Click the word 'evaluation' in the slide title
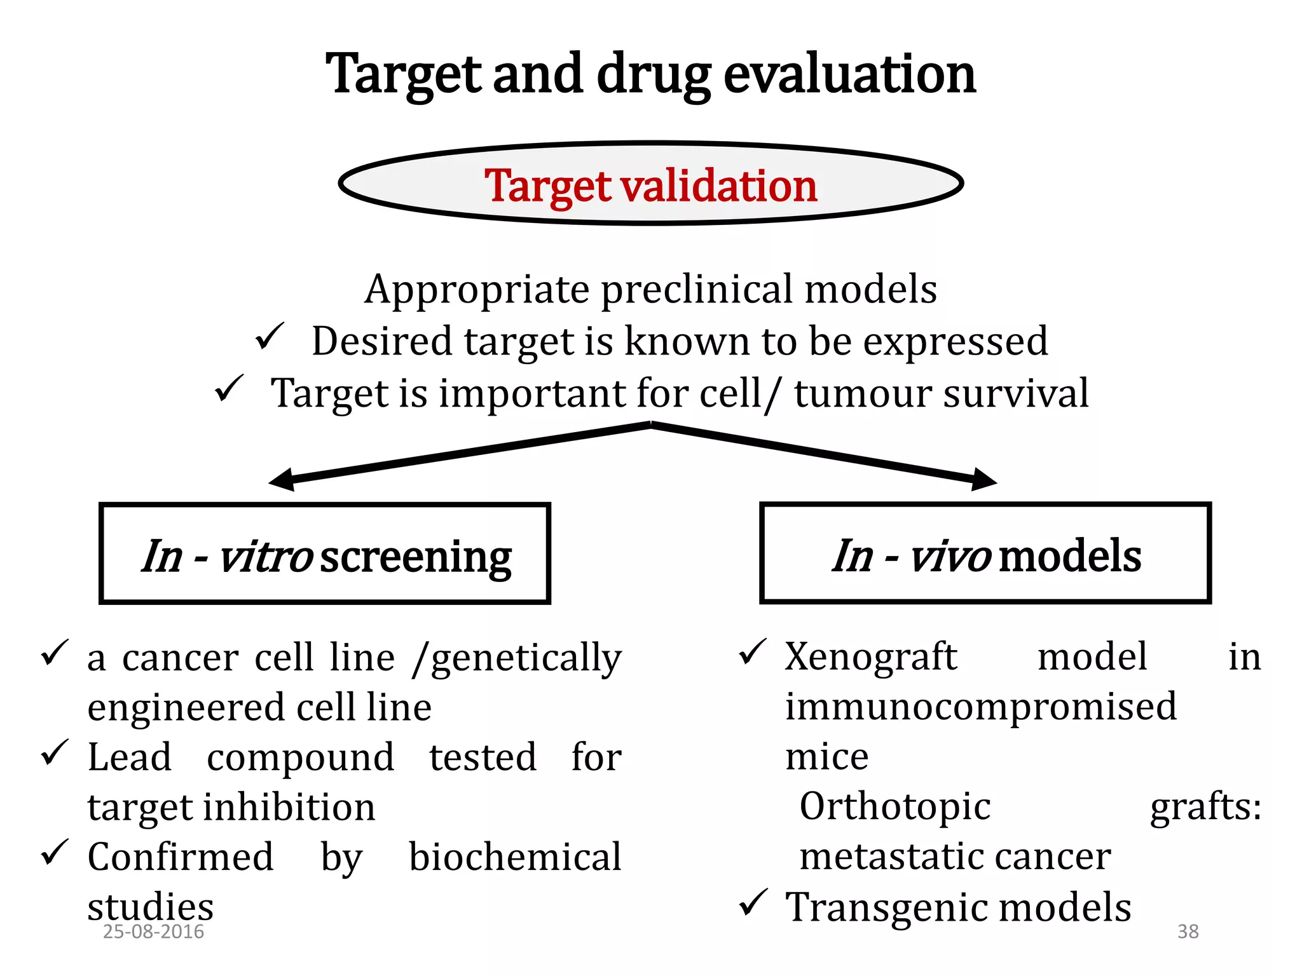(x=849, y=74)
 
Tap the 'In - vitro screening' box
(x=325, y=553)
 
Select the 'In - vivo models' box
(x=985, y=553)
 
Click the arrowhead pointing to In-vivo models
(x=984, y=480)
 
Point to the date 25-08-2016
(x=153, y=932)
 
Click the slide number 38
(x=1188, y=932)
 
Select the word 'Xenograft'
(x=870, y=656)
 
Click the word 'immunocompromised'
(x=980, y=707)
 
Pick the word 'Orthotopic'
(x=894, y=806)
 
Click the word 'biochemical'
(x=514, y=857)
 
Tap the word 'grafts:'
(x=1205, y=806)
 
